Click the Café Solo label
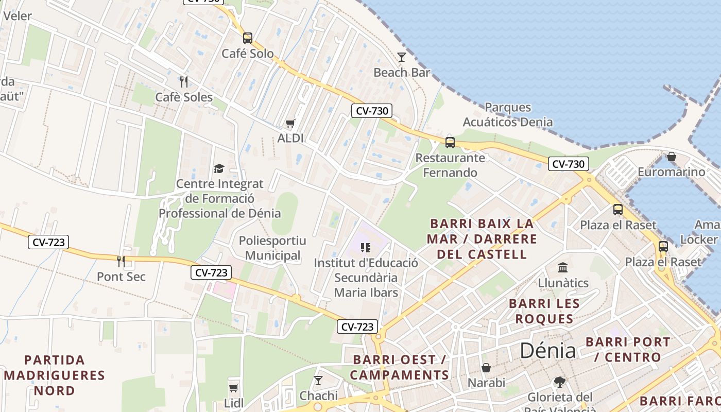pyautogui.click(x=248, y=54)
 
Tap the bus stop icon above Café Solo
pyautogui.click(x=248, y=38)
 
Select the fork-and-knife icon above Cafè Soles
pyautogui.click(x=184, y=81)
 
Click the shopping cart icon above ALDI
pyautogui.click(x=290, y=123)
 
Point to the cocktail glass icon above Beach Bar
pyautogui.click(x=402, y=57)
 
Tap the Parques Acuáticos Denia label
pyautogui.click(x=508, y=115)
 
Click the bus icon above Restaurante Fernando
pyautogui.click(x=450, y=142)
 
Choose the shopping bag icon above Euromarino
pyautogui.click(x=672, y=157)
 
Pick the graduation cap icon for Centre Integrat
pyautogui.click(x=219, y=168)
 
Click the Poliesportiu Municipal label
pyautogui.click(x=272, y=248)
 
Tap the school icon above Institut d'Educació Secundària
pyautogui.click(x=366, y=248)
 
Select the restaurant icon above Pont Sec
pyautogui.click(x=121, y=262)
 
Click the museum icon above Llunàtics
pyautogui.click(x=563, y=268)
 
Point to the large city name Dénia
pyautogui.click(x=547, y=351)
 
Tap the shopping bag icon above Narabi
pyautogui.click(x=486, y=368)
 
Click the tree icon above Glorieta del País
pyautogui.click(x=560, y=382)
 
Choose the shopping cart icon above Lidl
pyautogui.click(x=234, y=387)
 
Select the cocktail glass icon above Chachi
pyautogui.click(x=318, y=381)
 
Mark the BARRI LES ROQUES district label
pyautogui.click(x=544, y=311)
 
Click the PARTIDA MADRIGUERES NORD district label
pyautogui.click(x=54, y=375)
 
